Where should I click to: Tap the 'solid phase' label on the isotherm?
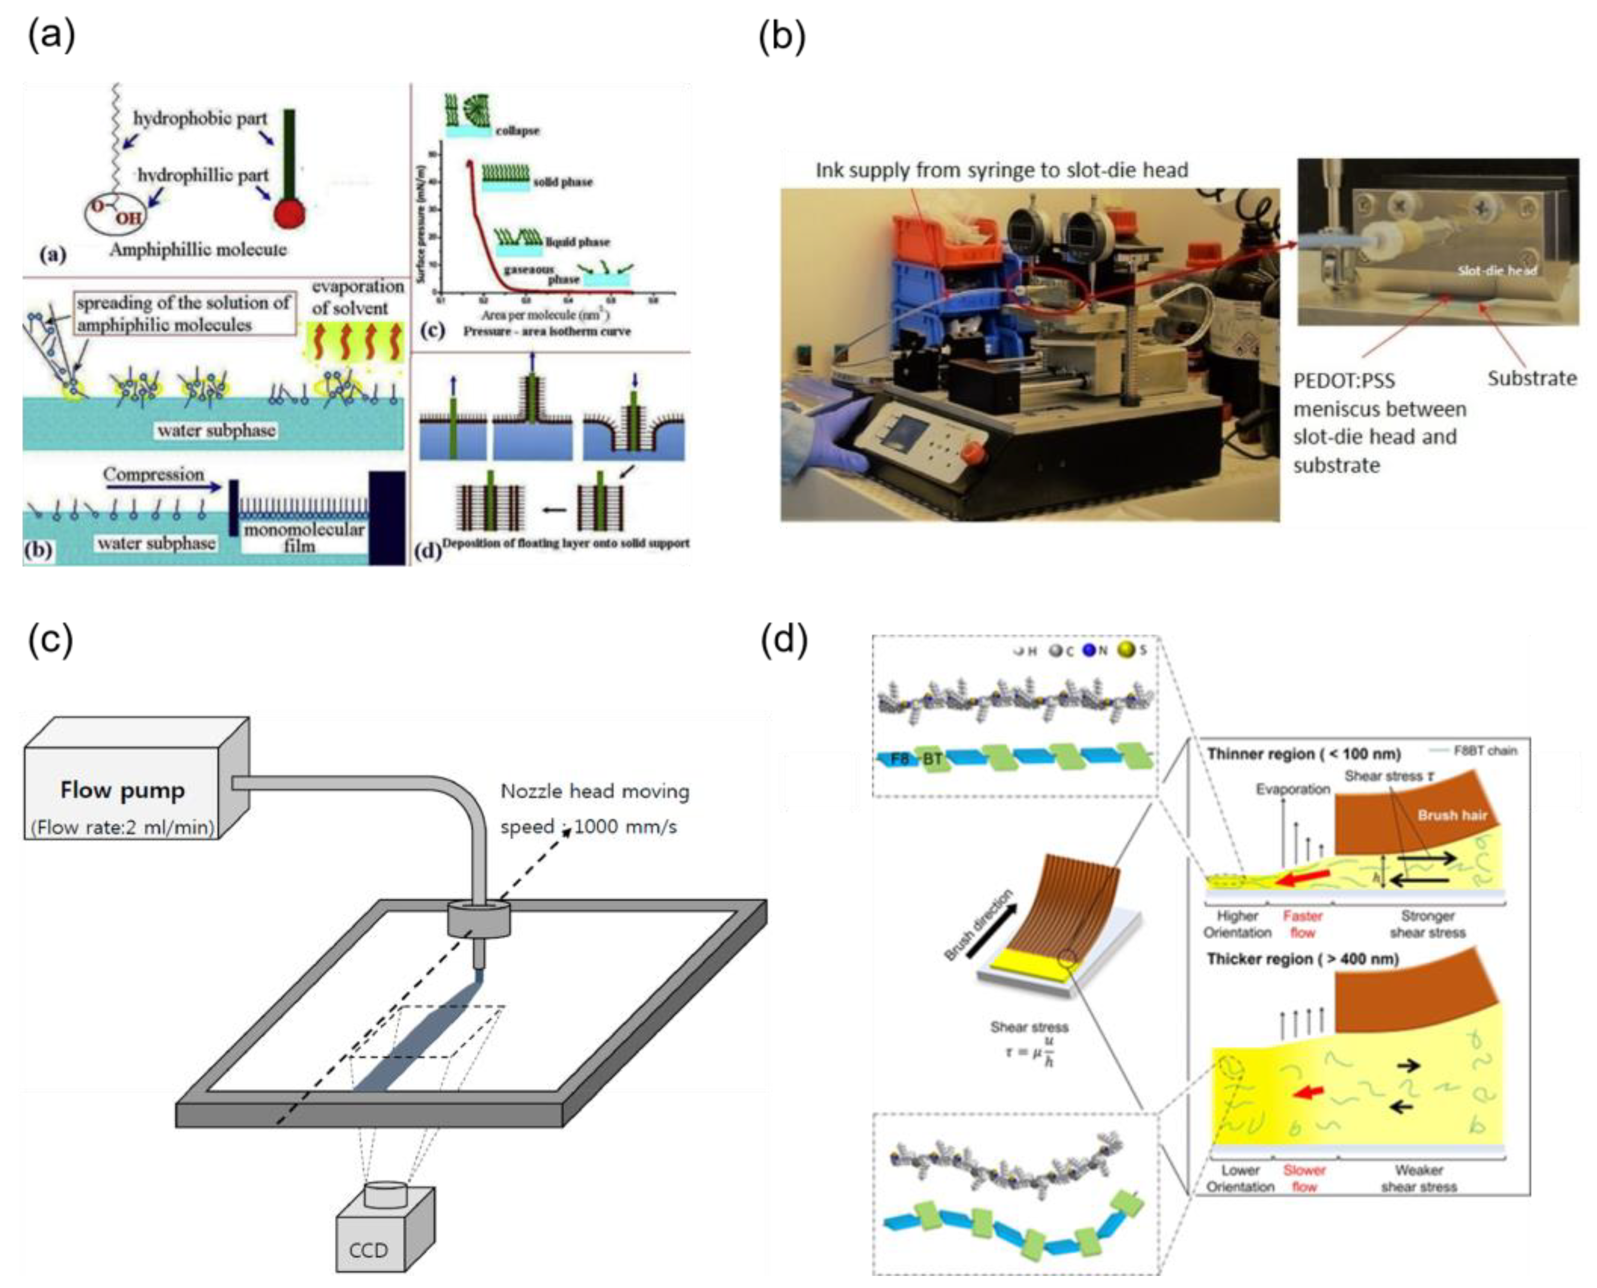(563, 182)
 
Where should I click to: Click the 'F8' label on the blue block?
(898, 759)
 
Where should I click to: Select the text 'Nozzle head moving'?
(594, 792)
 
